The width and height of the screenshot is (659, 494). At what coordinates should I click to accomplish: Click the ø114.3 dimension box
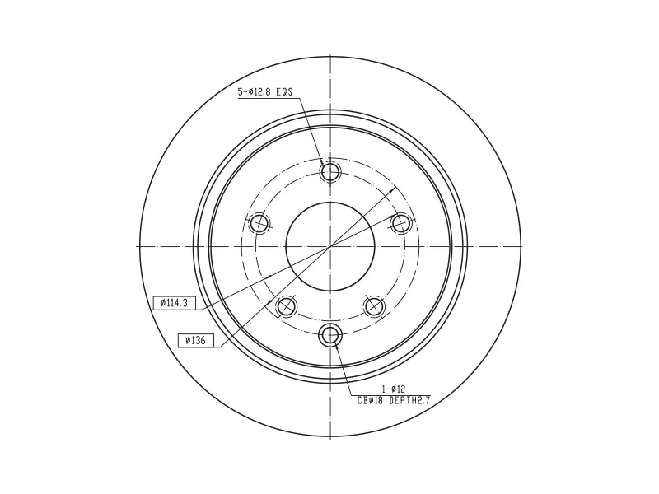coord(175,303)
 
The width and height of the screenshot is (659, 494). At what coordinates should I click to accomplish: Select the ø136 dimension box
coord(196,340)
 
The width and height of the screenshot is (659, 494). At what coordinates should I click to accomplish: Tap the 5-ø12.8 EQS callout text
coord(264,92)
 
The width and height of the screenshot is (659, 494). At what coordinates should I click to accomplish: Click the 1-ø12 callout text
coord(393,389)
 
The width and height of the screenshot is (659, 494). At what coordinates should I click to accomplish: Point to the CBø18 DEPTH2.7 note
coord(394,401)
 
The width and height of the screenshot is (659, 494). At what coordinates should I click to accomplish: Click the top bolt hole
coord(330,171)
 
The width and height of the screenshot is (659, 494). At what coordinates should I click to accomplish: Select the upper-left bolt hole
coord(259,222)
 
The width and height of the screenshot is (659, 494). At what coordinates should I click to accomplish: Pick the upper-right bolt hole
coord(400,222)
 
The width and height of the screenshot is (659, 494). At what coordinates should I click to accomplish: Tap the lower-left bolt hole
coord(287,305)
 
